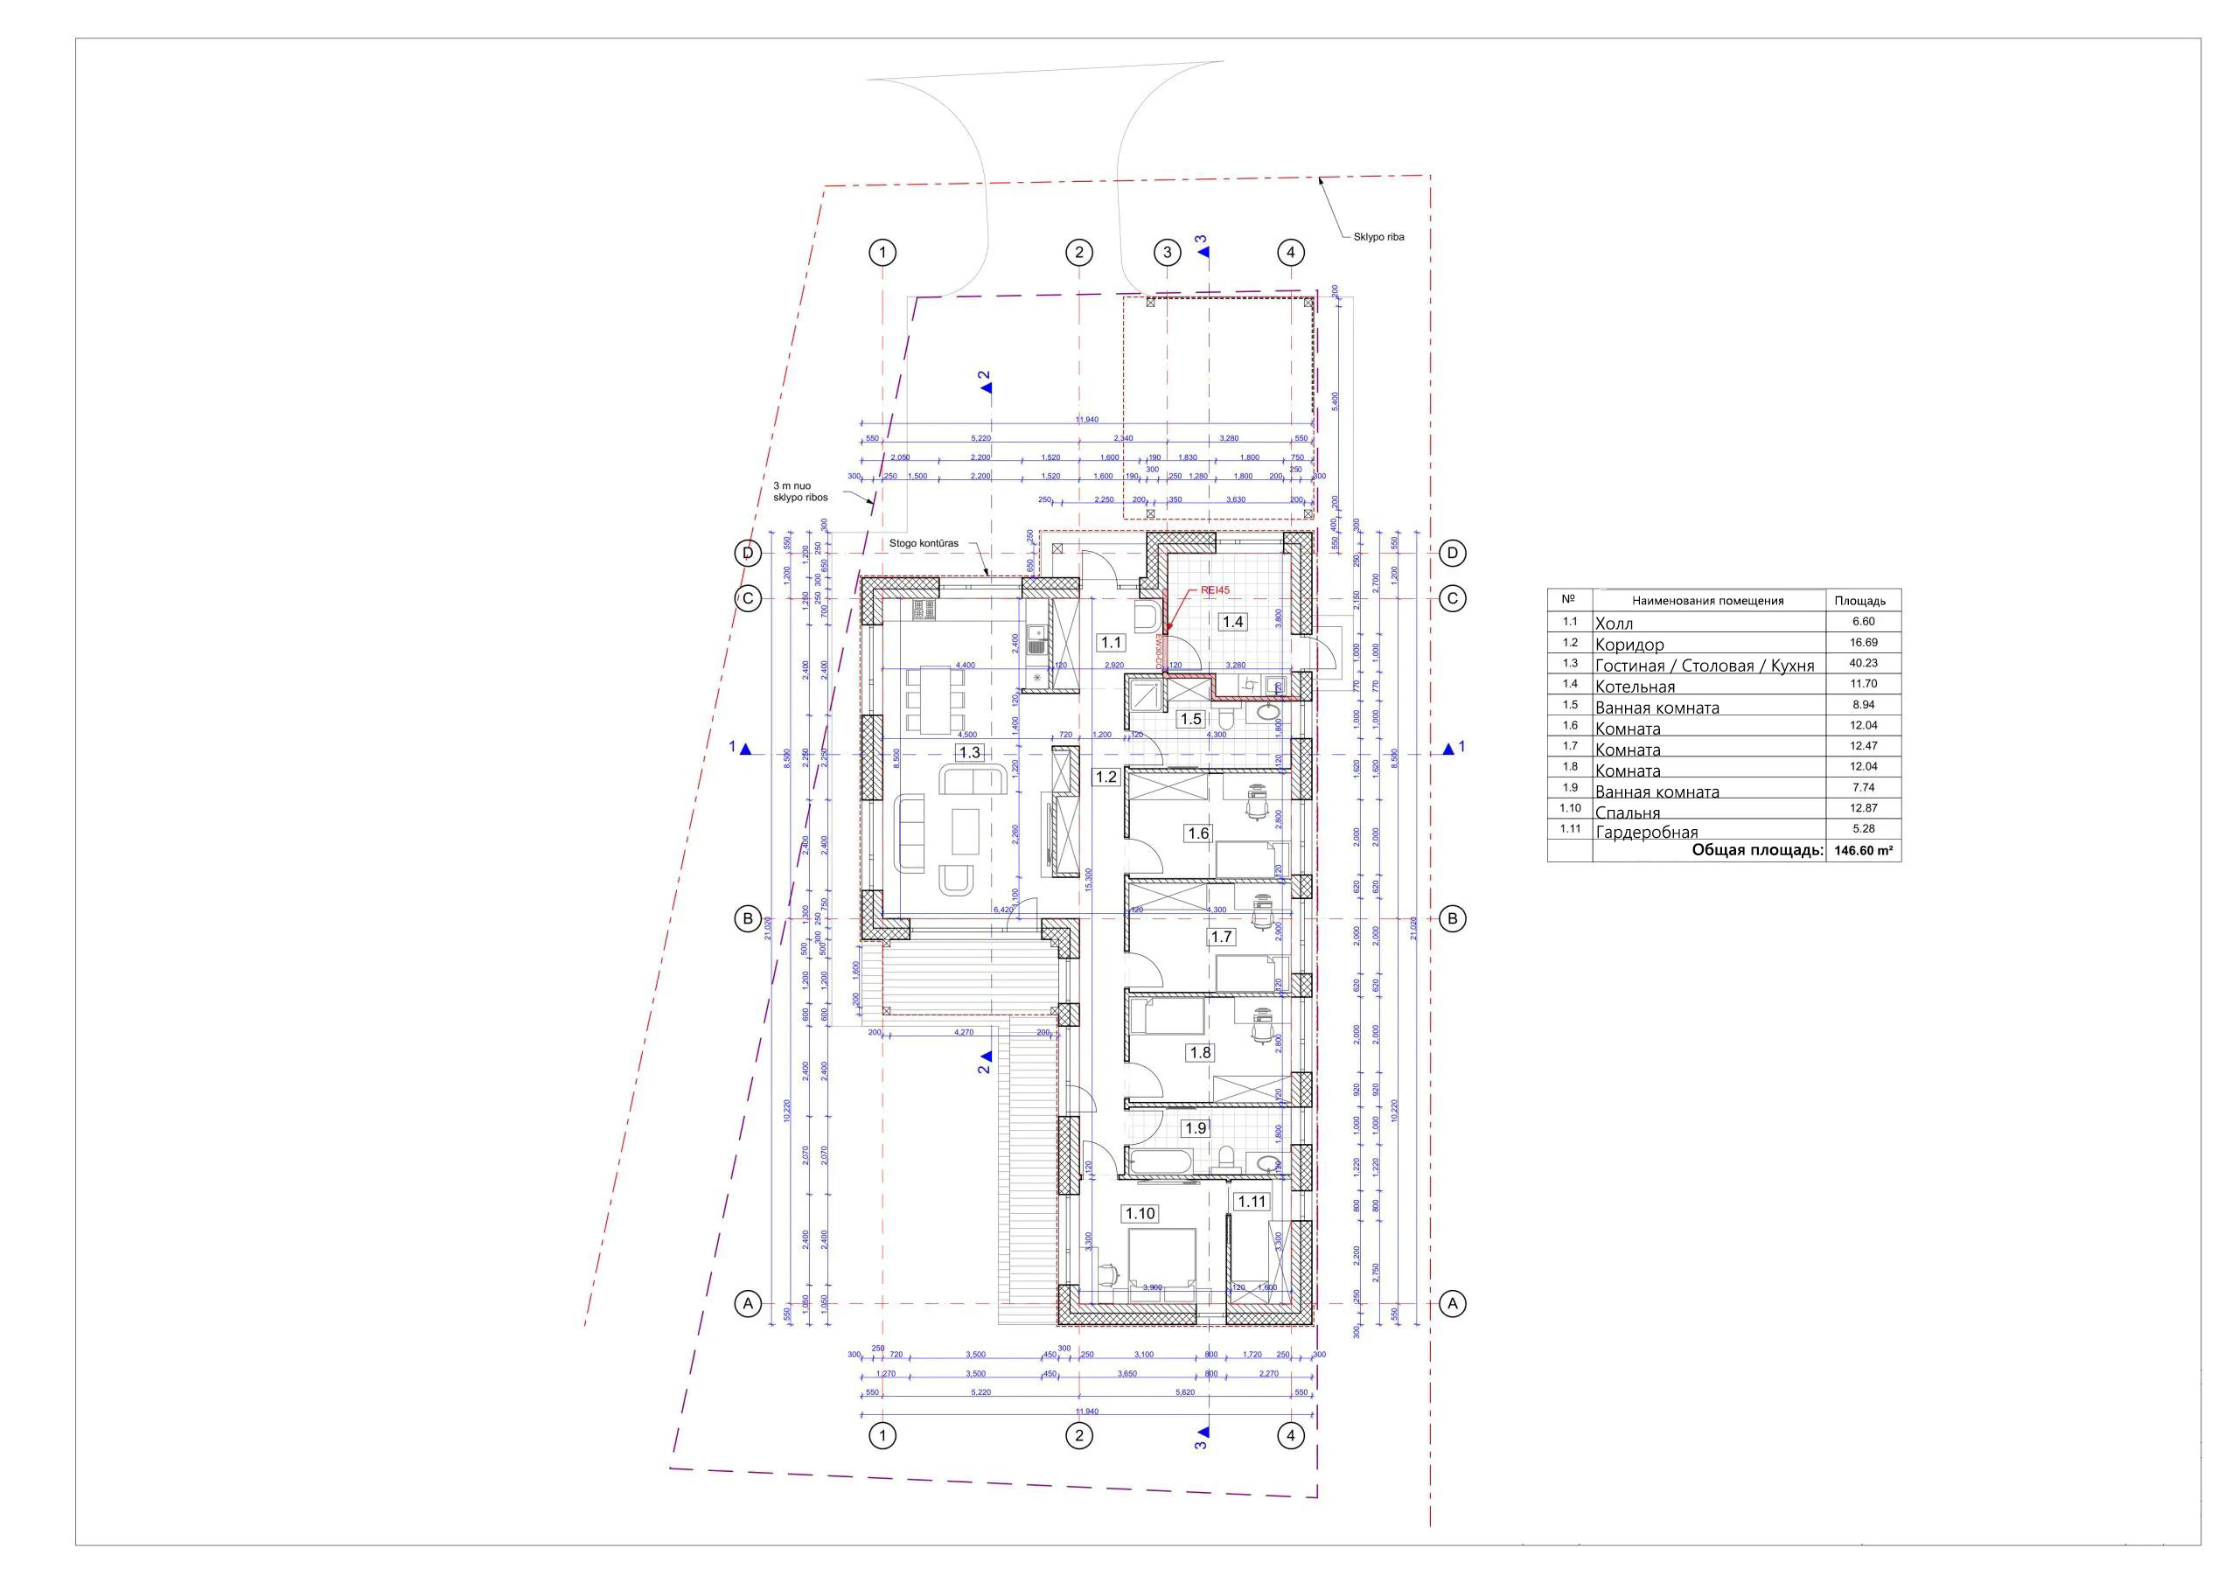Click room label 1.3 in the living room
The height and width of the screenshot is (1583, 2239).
click(969, 752)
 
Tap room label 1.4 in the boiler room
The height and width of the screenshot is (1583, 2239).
click(1233, 621)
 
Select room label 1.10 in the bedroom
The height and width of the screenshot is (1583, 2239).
click(1140, 1213)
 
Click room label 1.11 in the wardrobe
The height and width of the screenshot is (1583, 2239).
click(1252, 1202)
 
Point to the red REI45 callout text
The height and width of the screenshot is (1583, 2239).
click(1216, 590)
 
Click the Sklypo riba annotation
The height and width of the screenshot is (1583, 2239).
click(1378, 237)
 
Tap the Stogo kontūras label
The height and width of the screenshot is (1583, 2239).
click(924, 543)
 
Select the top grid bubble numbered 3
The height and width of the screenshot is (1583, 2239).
click(1168, 253)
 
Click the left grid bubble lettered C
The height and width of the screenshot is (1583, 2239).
click(748, 598)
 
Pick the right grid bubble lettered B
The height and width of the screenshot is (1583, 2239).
click(1452, 917)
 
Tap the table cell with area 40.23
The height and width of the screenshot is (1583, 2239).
click(1863, 663)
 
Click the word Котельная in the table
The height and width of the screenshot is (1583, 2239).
click(1635, 687)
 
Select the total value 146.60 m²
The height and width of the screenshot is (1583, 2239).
click(1863, 850)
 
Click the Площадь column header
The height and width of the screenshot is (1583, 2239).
click(1859, 601)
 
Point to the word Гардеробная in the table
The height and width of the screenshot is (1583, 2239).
click(1646, 832)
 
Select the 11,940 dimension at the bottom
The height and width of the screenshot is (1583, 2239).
click(1086, 1412)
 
